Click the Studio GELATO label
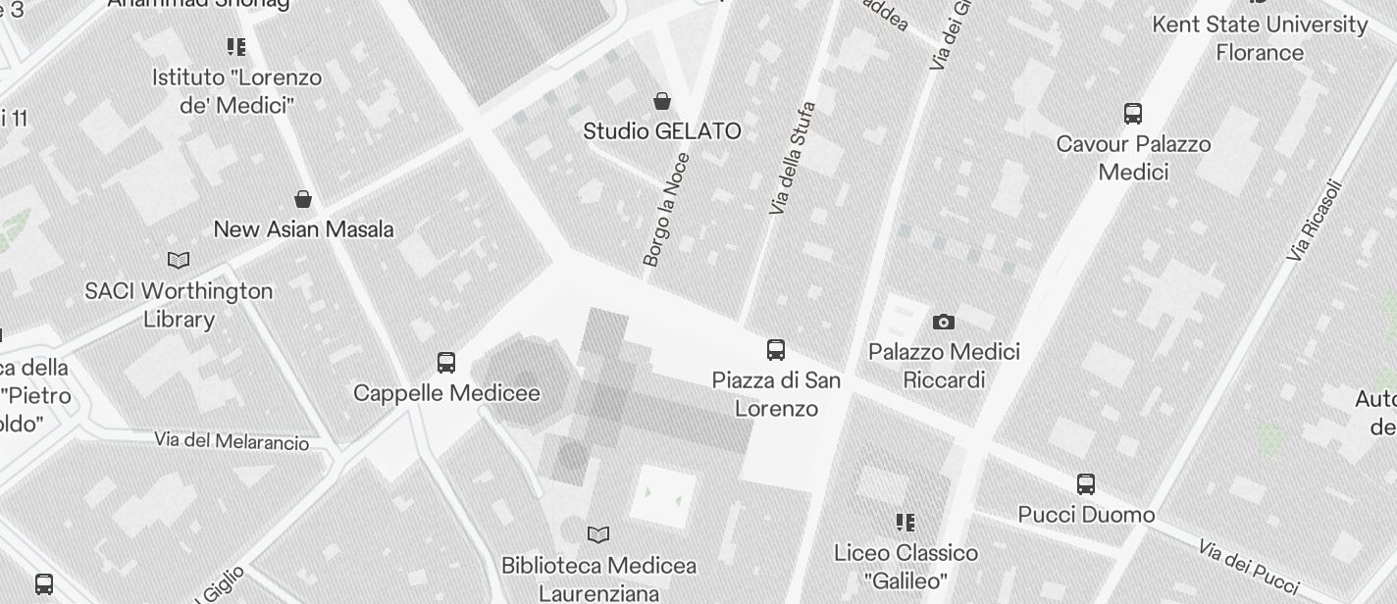coord(662,131)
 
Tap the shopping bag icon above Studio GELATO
coord(663,101)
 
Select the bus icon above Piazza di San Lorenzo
coord(776,350)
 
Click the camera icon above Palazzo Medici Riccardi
coord(944,322)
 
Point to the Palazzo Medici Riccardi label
coord(944,366)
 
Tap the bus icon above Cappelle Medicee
coord(446,363)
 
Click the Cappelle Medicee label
coord(446,393)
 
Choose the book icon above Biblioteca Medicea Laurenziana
coord(598,534)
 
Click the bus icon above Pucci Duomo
coord(1086,483)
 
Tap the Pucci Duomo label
coord(1086,515)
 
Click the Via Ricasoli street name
coord(1315,221)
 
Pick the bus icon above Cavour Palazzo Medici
coord(1133,114)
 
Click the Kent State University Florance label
coord(1260,38)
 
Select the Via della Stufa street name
coord(793,158)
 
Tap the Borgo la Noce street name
coord(667,210)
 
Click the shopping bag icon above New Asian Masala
coord(304,199)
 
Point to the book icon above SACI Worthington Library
coord(179,260)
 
